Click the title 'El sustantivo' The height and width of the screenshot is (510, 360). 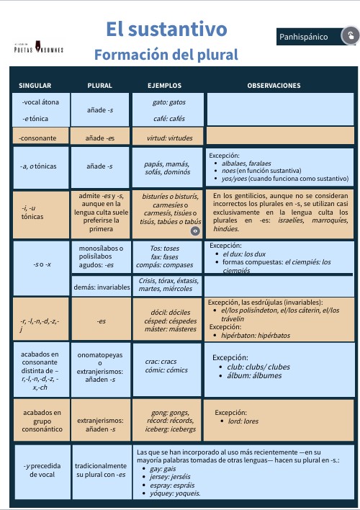166,30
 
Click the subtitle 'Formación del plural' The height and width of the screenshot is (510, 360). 166,55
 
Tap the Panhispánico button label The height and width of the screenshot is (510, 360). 303,37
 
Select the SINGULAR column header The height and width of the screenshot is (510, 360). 35,86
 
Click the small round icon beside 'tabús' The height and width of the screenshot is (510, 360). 194,231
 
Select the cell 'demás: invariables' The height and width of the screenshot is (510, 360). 101,287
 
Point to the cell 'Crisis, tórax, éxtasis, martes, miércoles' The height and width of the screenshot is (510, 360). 168,285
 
